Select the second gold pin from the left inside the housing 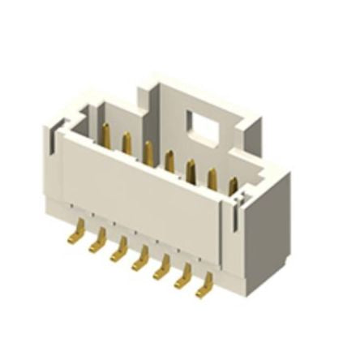pyautogui.click(x=126, y=144)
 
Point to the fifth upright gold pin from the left pyautogui.click(x=191, y=169)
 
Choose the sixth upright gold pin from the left pyautogui.click(x=212, y=177)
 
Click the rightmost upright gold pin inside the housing pyautogui.click(x=234, y=186)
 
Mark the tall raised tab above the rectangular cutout pyautogui.click(x=166, y=89)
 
